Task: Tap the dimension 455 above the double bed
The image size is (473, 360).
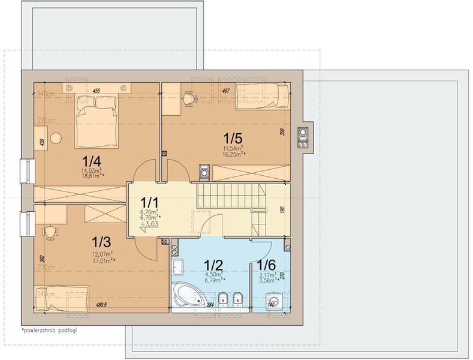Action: [95, 91]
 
